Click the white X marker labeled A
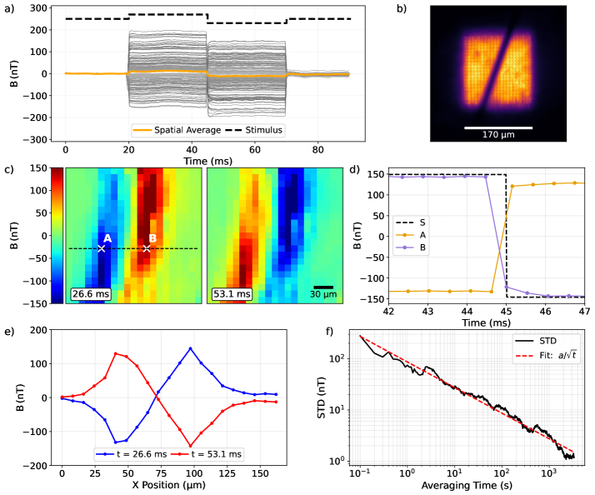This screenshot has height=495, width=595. [x=102, y=248]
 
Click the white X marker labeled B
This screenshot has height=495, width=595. [x=147, y=248]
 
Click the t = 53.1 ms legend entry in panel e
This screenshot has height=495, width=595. [x=208, y=453]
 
